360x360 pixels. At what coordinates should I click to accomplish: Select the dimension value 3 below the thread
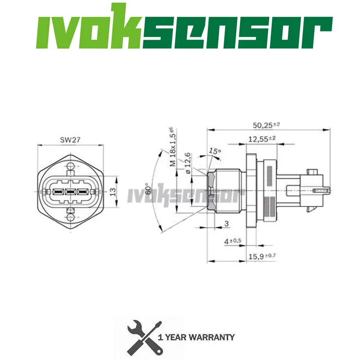pos(227,223)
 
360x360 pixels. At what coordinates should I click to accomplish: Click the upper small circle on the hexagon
pos(70,168)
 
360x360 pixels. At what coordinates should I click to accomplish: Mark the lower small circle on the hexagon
pos(70,218)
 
